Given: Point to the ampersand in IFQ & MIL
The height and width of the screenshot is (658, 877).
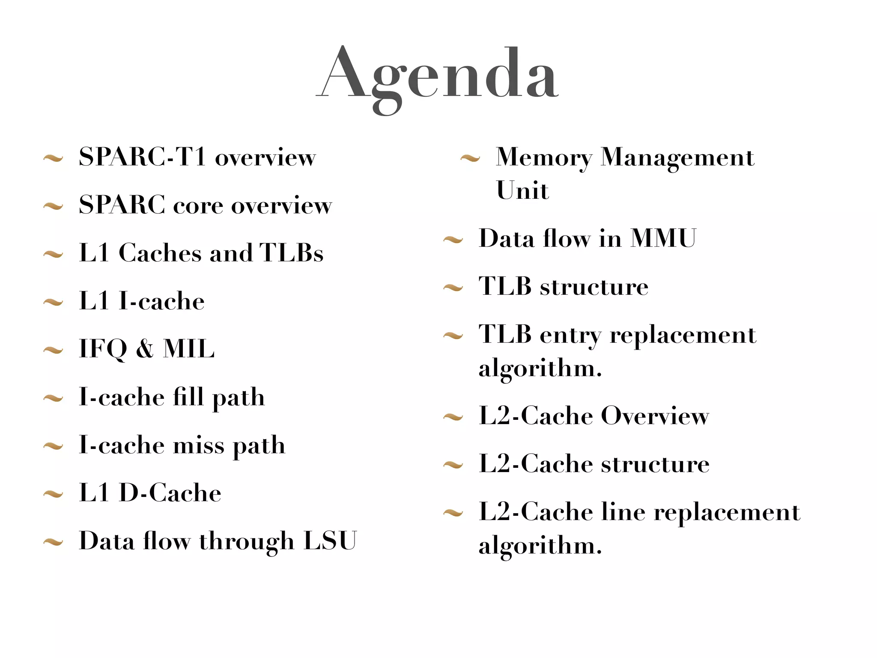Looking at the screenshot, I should tap(145, 348).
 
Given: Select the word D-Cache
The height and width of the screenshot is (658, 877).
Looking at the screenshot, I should tap(170, 493).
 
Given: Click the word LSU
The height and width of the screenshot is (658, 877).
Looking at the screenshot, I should tap(330, 541).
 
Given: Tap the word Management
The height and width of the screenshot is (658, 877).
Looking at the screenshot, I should tap(677, 157).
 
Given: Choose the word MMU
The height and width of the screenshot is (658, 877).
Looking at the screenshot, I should tap(663, 238).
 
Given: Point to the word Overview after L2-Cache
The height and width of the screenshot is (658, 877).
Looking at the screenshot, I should tap(655, 416).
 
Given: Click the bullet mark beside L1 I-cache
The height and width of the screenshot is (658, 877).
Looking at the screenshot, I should tap(54, 303).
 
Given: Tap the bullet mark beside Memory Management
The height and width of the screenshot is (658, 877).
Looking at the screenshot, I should tap(470, 159).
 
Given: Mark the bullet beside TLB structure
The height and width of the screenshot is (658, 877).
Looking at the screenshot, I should tap(453, 288).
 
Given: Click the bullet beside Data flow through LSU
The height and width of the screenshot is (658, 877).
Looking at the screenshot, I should tap(54, 543).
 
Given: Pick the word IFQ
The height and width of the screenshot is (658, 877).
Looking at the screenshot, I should tap(103, 348).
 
